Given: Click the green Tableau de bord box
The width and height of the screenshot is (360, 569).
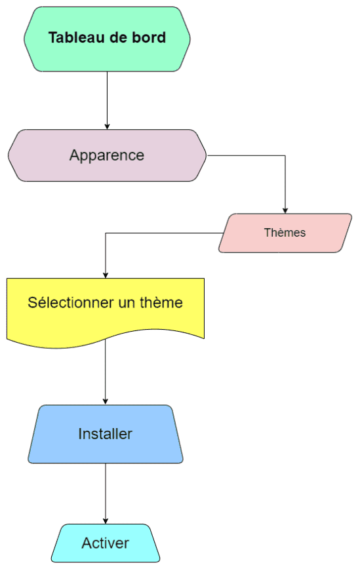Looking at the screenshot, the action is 107,39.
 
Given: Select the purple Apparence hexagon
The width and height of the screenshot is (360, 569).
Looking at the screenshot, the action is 107,155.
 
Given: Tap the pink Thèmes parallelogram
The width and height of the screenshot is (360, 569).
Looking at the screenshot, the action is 285,233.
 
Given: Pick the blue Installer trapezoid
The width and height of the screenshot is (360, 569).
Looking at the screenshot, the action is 105,434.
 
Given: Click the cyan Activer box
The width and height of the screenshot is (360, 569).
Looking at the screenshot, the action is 105,543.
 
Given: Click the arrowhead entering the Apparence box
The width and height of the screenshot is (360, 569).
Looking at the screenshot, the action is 107,127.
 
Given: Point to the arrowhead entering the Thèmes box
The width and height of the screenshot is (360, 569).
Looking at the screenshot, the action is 285,211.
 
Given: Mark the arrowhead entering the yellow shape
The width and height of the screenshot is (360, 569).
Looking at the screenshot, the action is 105,275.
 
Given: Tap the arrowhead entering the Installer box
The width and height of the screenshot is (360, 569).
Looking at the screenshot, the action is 105,402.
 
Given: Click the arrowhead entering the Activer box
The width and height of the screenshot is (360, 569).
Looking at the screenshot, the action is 105,521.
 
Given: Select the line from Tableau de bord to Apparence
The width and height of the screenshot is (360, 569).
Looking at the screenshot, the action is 107,100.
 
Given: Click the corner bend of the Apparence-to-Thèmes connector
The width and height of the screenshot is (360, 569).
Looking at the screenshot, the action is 285,155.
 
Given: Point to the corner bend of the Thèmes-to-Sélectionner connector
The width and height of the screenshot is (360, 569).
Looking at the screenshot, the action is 105,233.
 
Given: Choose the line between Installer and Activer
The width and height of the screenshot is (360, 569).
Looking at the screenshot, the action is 105,494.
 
